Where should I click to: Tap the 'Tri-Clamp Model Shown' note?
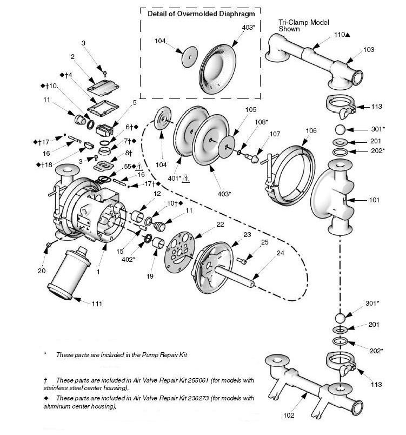pos(296,25)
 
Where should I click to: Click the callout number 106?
pos(311,130)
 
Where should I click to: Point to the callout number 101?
pos(374,200)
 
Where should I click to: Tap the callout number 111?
pos(97,304)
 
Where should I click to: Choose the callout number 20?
pos(42,271)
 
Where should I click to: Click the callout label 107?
pos(275,134)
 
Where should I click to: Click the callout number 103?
pos(368,49)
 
